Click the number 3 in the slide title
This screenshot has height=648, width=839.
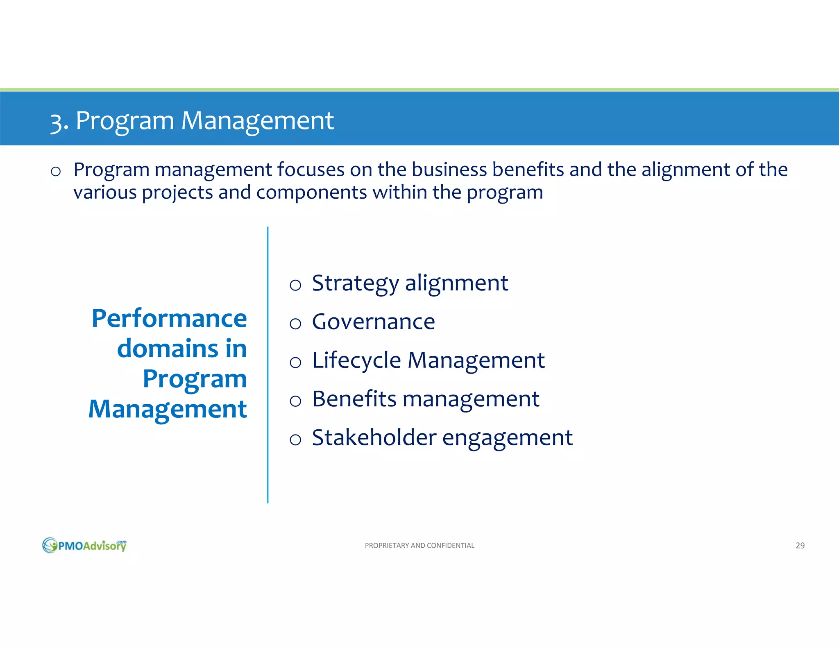pos(57,122)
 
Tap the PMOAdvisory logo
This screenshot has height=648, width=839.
pos(84,545)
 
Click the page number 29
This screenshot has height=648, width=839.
pos(800,545)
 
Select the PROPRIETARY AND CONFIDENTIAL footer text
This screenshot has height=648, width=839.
pos(419,545)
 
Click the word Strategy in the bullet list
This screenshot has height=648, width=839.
pos(355,283)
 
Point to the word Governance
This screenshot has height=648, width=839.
pos(373,322)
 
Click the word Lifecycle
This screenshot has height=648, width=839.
pos(356,361)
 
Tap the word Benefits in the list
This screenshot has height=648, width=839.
pos(354,399)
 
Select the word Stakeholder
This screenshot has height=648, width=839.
pos(374,437)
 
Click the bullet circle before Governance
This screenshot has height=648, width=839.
pos(295,324)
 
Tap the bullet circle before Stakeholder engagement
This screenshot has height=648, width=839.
pos(295,440)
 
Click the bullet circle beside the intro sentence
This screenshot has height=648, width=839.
pos(56,171)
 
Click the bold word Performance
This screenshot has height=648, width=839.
pos(169,318)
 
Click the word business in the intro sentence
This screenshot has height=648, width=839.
pos(449,170)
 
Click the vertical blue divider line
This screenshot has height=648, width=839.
pos(268,365)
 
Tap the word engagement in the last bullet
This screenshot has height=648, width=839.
pos(507,438)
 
